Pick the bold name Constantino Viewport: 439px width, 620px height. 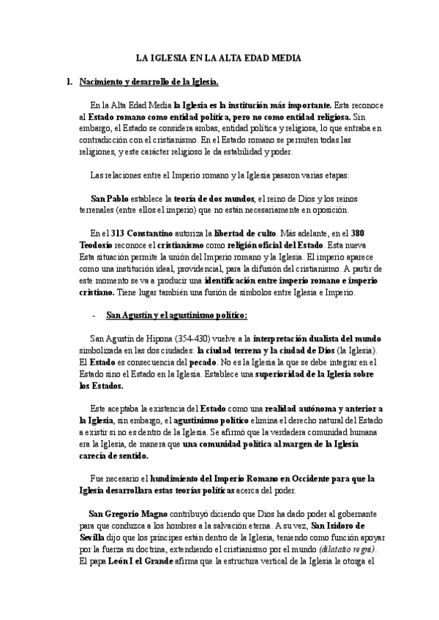point(149,232)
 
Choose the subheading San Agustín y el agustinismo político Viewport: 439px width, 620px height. point(177,316)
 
